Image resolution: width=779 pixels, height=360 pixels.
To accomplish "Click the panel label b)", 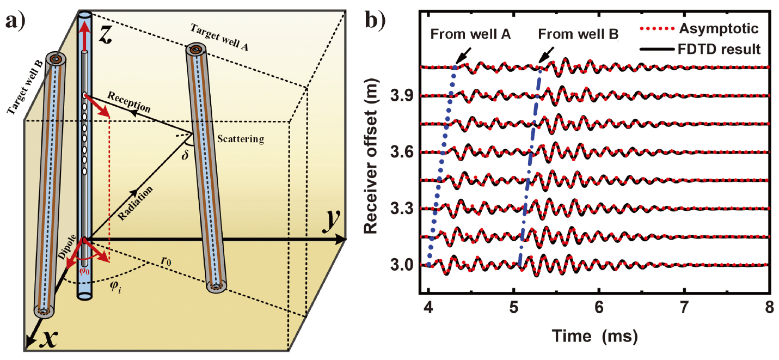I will (376, 22).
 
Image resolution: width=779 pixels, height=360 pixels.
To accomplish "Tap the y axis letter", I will (329, 221).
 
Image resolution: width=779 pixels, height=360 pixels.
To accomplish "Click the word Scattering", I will (240, 139).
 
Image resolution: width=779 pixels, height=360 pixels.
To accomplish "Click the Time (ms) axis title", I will (593, 335).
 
